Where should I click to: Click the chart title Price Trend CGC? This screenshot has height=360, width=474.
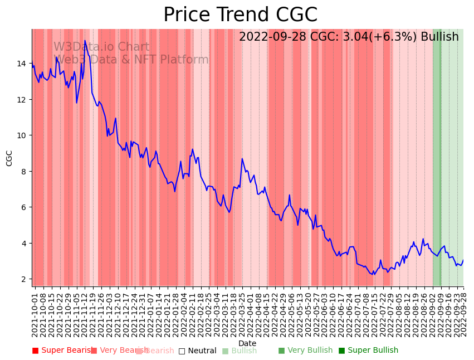click(240, 15)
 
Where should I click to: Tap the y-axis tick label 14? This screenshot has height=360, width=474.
click(22, 64)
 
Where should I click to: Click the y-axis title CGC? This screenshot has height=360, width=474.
click(9, 158)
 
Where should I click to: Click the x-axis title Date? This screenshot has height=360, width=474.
click(247, 343)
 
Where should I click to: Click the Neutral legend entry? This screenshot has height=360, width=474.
click(197, 351)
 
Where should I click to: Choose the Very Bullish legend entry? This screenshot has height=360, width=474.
click(305, 351)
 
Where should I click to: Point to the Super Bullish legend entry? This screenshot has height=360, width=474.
click(368, 351)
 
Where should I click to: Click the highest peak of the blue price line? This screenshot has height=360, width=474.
click(85, 41)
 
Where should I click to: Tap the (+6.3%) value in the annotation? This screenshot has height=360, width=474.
click(395, 37)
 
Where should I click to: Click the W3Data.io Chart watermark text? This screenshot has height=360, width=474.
click(101, 47)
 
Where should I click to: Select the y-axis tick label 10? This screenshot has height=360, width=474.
click(22, 135)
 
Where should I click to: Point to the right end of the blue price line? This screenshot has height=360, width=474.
click(463, 260)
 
